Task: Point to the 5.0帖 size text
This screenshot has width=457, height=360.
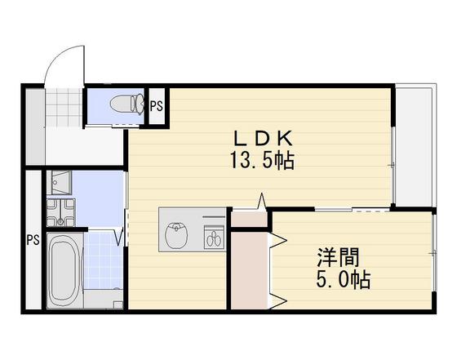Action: pos(344,281)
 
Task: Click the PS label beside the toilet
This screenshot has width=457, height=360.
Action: pos(156,104)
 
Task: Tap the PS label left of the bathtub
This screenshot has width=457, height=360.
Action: pos(32,240)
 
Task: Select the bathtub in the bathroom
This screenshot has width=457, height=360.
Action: pos(63,269)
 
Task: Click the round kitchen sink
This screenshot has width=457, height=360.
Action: pos(177,235)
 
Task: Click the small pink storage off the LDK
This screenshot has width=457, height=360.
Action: pos(249,217)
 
